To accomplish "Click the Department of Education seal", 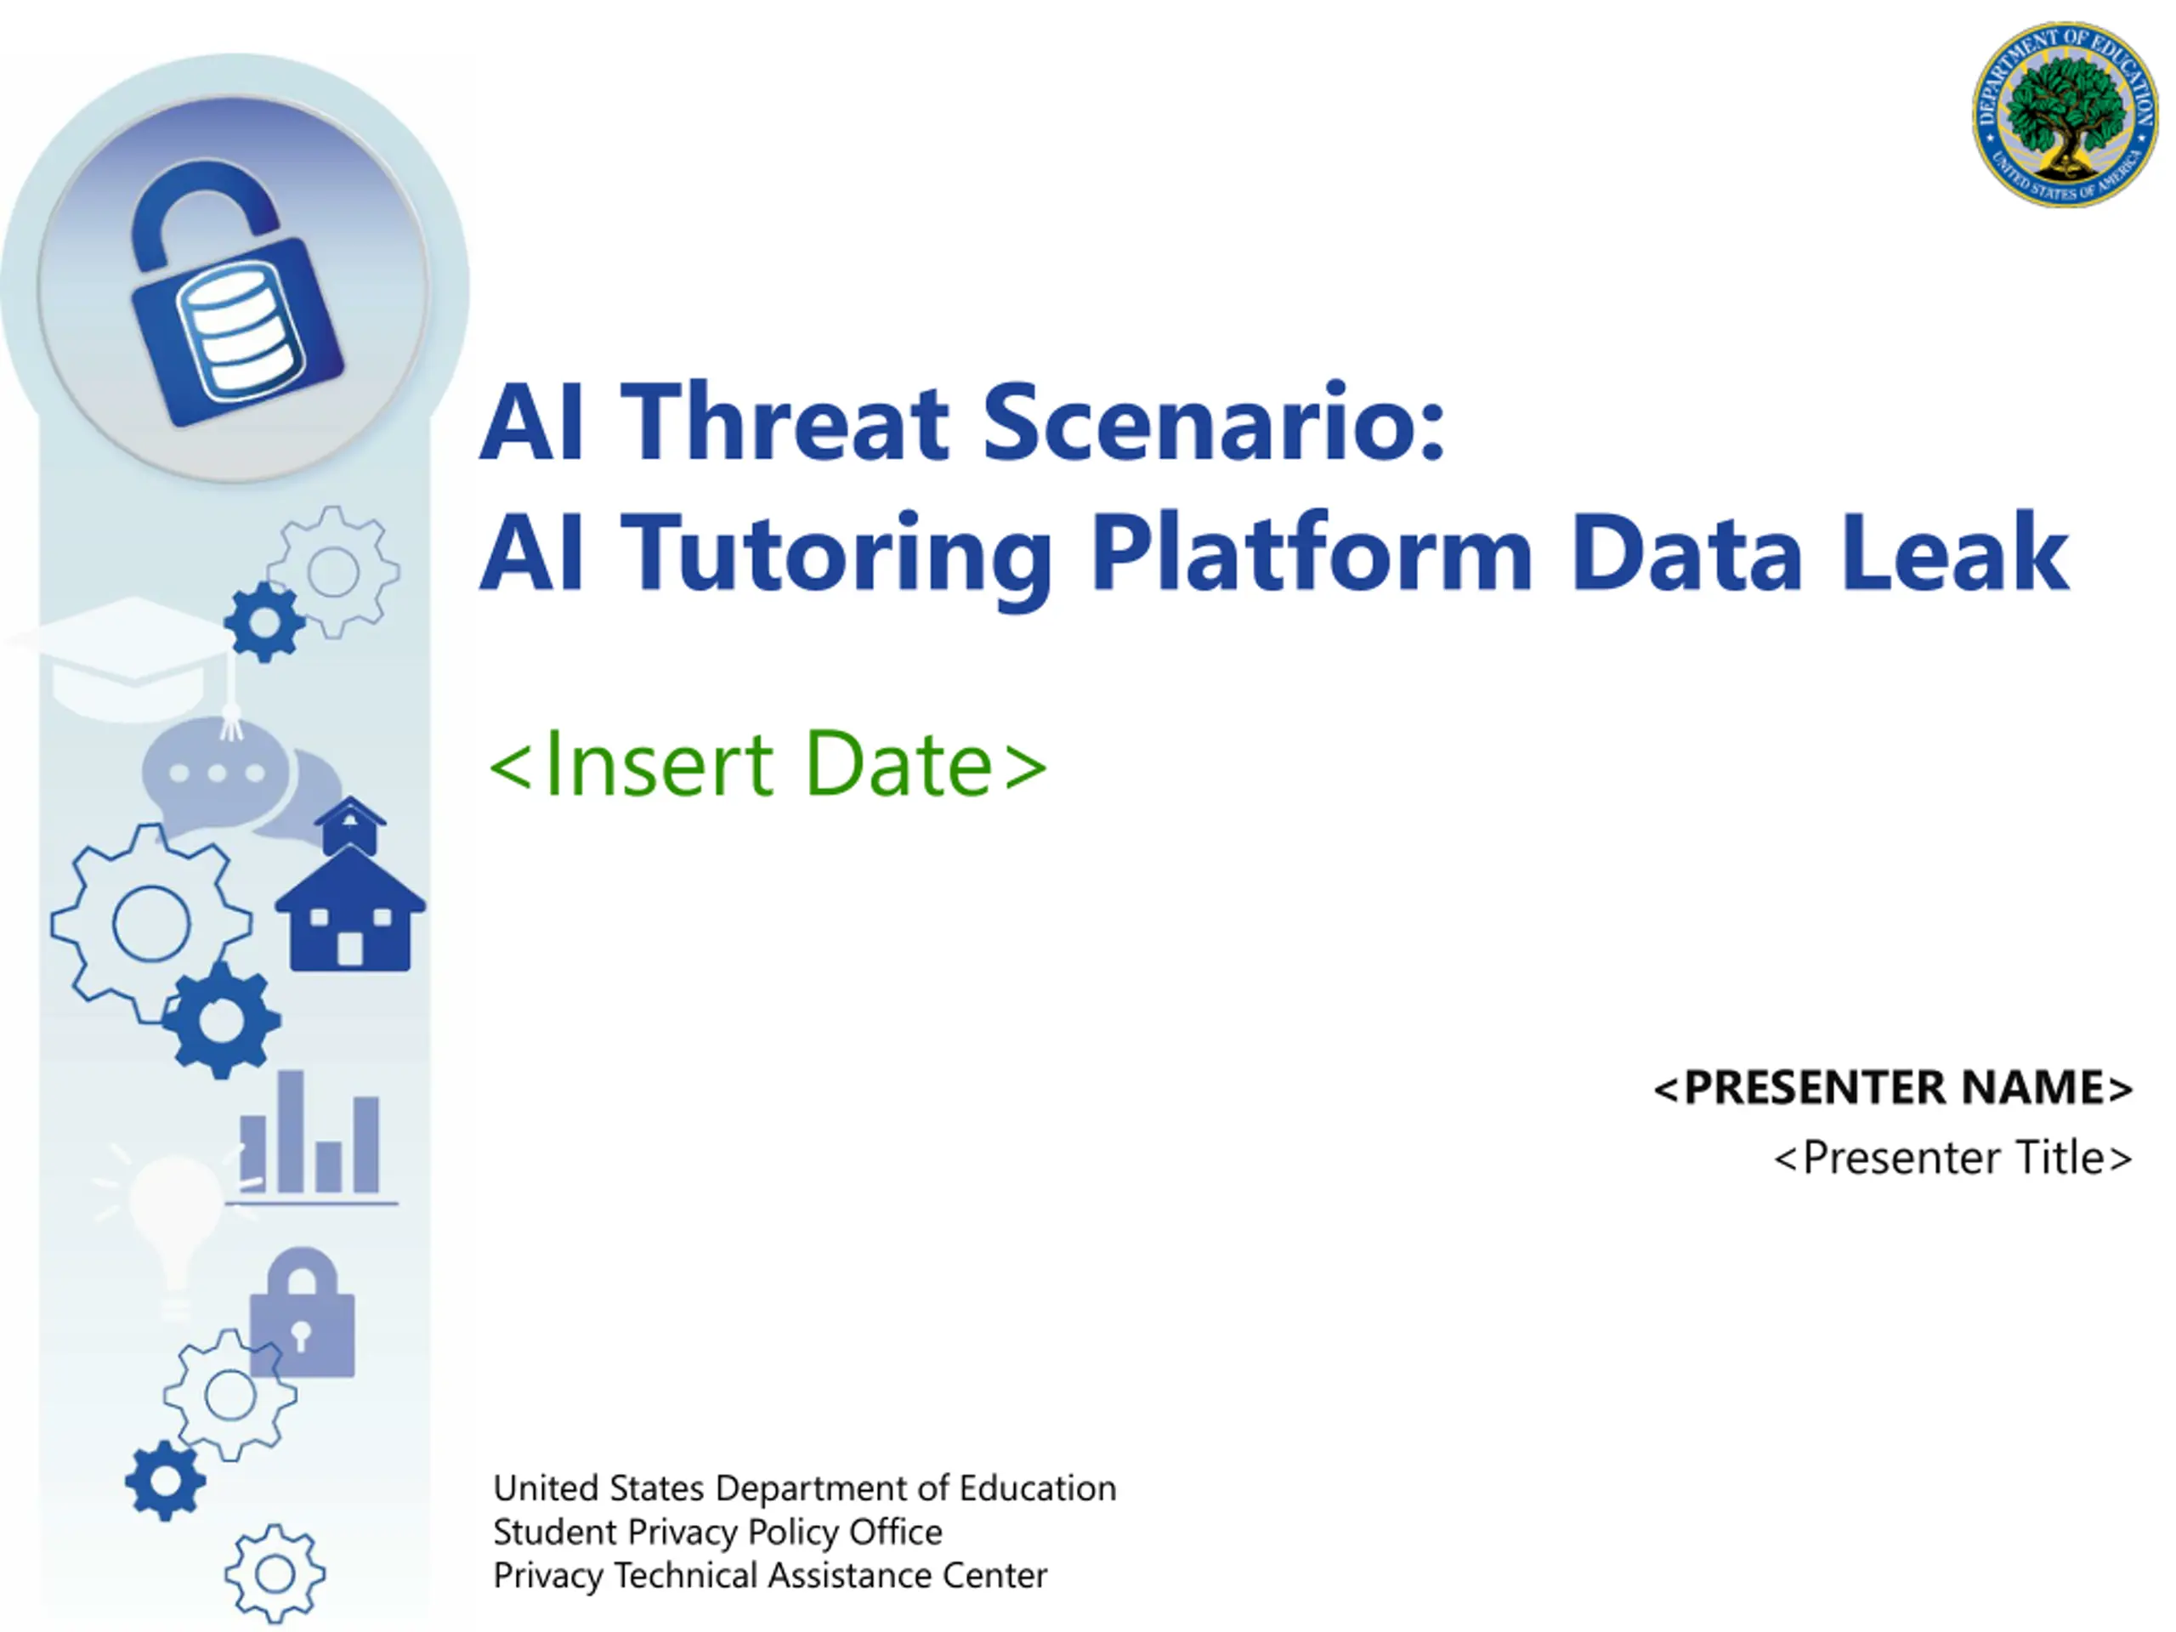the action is tap(2065, 114).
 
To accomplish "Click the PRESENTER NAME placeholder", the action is tap(1893, 1088).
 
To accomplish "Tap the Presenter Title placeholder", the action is tap(1952, 1158).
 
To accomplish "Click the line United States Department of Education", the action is tap(805, 1488).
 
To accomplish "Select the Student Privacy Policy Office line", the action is tap(717, 1532).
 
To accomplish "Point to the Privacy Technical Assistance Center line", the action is tap(770, 1575).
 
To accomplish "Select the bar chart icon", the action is tap(311, 1138).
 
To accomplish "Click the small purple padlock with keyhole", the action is tap(302, 1312).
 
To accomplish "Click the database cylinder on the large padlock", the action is tap(240, 330).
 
